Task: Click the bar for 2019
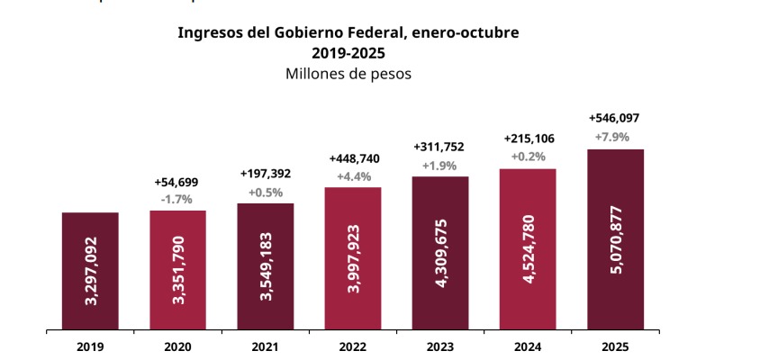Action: click(90, 271)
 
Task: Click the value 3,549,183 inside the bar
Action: click(266, 266)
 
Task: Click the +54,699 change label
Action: click(177, 182)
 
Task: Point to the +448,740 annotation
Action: click(353, 158)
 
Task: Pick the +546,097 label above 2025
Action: click(616, 118)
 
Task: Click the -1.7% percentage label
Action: click(177, 199)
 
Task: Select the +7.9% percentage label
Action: click(616, 137)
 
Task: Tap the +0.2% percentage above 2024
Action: click(528, 156)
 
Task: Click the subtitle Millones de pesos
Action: click(348, 74)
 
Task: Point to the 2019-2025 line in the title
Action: click(348, 52)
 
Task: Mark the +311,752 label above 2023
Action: click(440, 148)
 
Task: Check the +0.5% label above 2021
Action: click(266, 192)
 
